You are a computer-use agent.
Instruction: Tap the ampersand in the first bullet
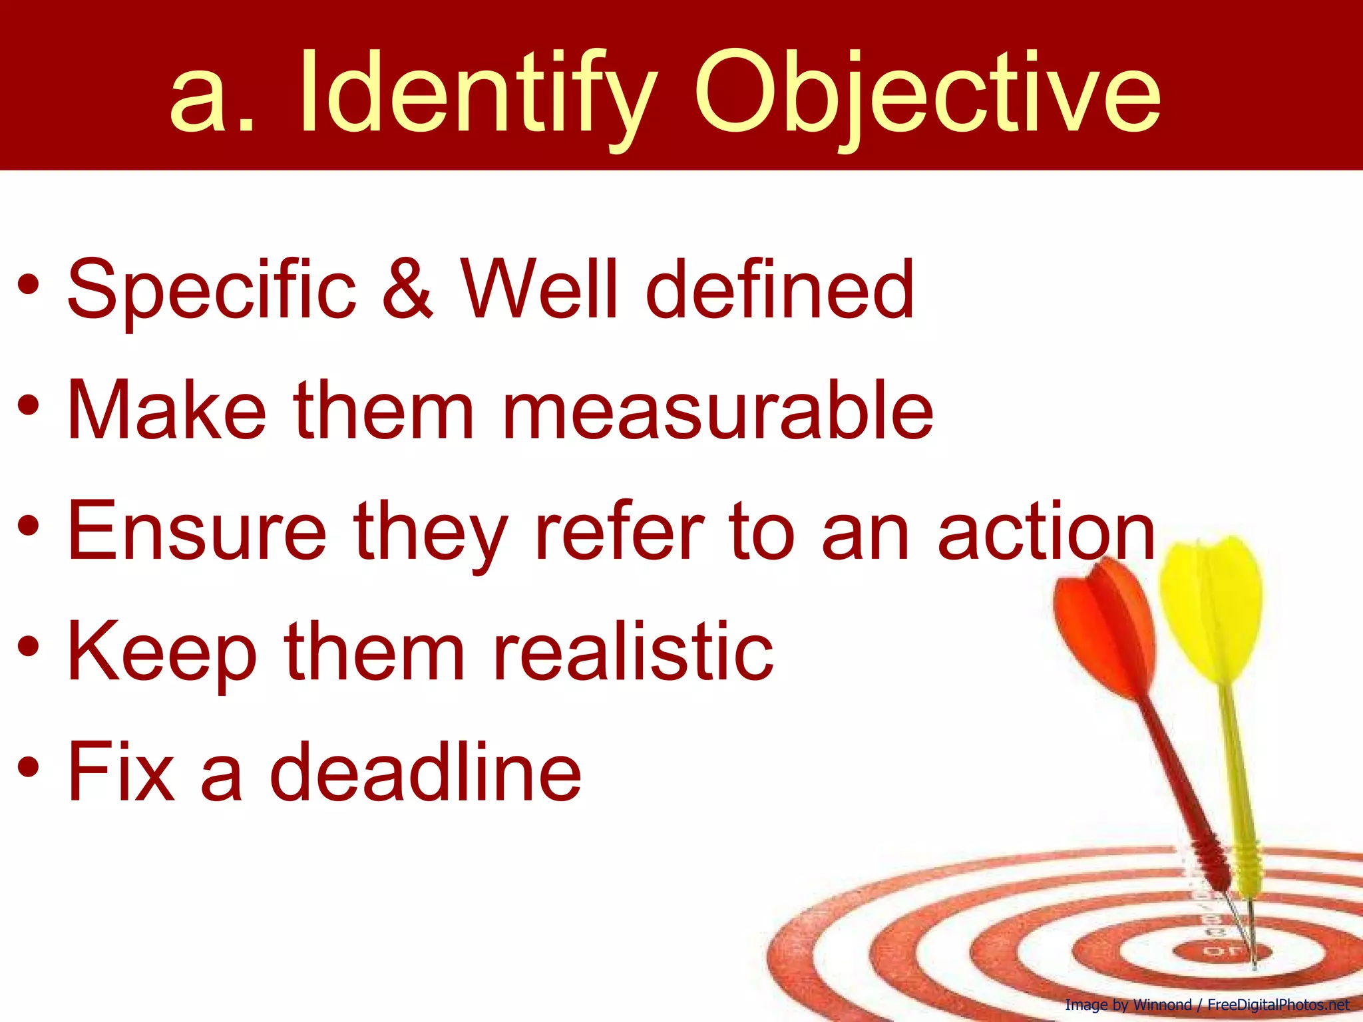coord(407,287)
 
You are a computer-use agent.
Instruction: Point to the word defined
coord(779,287)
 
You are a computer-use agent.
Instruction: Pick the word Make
coord(166,409)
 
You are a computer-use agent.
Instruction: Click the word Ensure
coord(197,531)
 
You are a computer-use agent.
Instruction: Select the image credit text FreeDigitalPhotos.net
coord(1278,1005)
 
